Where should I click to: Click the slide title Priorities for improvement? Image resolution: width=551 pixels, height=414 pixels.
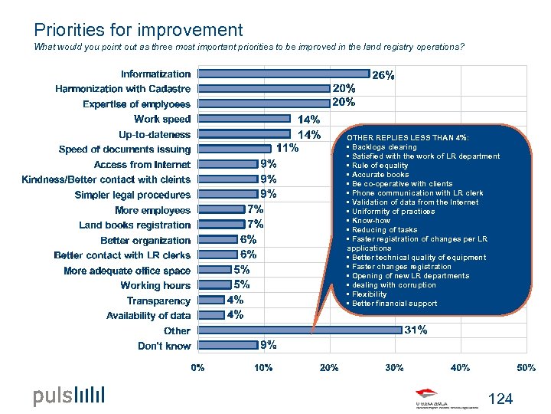pos(138,30)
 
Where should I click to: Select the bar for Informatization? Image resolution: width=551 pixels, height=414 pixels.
pos(283,74)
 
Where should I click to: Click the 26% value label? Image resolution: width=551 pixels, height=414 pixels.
pos(383,75)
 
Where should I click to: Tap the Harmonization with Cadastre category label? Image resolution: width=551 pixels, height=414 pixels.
pos(122,89)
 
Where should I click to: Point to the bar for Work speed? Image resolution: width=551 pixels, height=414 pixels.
pos(246,119)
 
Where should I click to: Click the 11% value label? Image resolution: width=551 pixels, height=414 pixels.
pos(287,148)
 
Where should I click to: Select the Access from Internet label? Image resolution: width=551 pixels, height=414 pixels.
pos(142,164)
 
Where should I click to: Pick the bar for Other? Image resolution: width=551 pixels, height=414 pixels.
pos(299,330)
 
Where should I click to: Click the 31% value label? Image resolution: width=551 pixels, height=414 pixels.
pos(416,330)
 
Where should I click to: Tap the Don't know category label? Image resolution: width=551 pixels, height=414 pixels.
pos(164,346)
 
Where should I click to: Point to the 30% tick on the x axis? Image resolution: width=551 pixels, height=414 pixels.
pos(394,368)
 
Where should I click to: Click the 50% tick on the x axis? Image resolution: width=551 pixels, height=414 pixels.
pos(526,368)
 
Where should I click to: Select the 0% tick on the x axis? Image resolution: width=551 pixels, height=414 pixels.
pos(197,368)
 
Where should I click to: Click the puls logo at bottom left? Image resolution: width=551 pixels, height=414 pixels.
pos(68,396)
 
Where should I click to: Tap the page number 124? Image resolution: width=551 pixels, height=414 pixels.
pos(500,399)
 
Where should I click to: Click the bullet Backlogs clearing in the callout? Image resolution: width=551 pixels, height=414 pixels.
pos(383,147)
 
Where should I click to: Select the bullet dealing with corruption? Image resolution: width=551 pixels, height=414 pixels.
pos(393,285)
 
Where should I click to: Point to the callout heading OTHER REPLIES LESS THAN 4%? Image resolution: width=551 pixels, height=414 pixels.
pos(408,138)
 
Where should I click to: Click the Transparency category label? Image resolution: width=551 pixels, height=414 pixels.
pos(158,301)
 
